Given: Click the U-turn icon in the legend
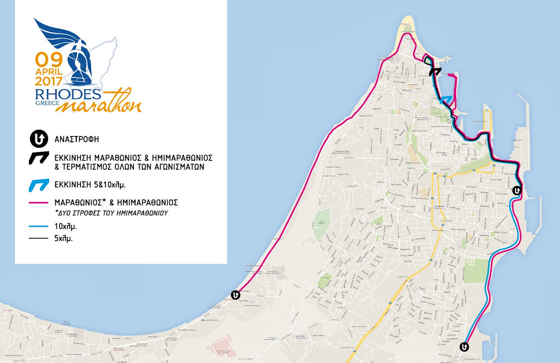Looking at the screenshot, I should pyautogui.click(x=37, y=139).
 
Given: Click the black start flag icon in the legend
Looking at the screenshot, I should pyautogui.click(x=38, y=158).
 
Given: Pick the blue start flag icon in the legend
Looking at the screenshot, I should pyautogui.click(x=38, y=185).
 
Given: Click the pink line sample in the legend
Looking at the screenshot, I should pyautogui.click(x=38, y=202).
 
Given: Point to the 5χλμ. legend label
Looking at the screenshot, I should pyautogui.click(x=64, y=238).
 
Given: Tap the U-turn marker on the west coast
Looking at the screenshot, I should pyautogui.click(x=235, y=295).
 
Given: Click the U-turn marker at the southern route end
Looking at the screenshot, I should pyautogui.click(x=464, y=347).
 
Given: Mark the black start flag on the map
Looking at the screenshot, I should pyautogui.click(x=435, y=71).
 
